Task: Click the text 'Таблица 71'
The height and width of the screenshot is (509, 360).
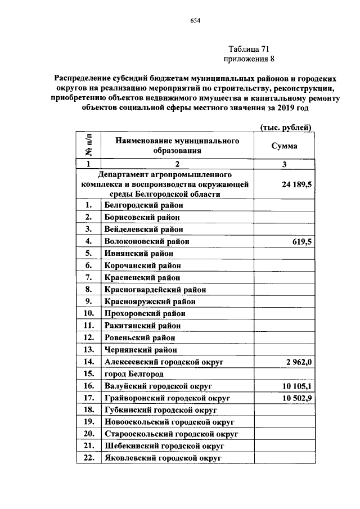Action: point(249,49)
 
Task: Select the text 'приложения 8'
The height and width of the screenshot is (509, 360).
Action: point(249,58)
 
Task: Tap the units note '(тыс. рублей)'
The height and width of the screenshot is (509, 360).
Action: point(285,127)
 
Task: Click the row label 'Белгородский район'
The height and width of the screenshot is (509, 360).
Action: point(143,205)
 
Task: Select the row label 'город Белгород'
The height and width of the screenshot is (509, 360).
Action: point(134,374)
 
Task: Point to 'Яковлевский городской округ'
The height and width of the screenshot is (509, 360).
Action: point(163,458)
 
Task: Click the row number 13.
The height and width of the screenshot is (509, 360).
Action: point(88,350)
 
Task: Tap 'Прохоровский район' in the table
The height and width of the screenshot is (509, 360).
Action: point(145,313)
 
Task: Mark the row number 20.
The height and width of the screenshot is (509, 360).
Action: point(88,434)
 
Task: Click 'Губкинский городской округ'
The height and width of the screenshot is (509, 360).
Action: point(160,410)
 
